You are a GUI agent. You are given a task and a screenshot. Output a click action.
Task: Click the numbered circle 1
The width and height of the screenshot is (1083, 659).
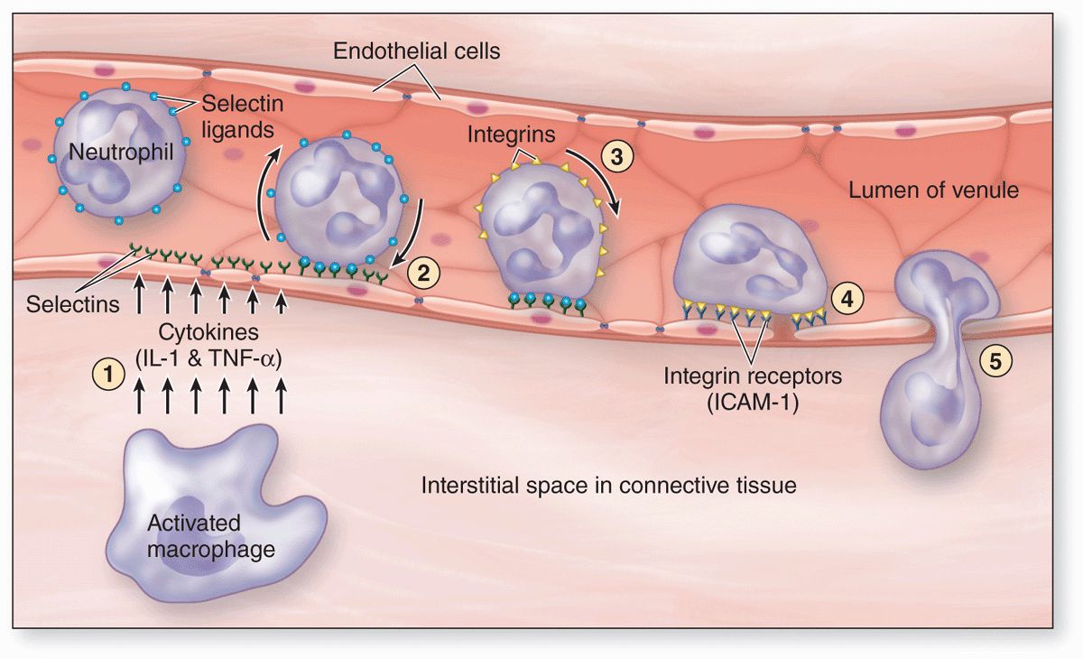tap(109, 374)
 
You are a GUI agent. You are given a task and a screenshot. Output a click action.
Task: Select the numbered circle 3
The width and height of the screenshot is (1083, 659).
tap(617, 156)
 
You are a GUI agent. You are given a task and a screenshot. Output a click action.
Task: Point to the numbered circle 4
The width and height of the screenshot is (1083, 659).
tap(847, 295)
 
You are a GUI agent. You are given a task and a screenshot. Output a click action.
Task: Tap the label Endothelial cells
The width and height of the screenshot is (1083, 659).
tap(417, 51)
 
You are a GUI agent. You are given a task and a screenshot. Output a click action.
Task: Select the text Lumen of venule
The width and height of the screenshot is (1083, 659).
tap(933, 190)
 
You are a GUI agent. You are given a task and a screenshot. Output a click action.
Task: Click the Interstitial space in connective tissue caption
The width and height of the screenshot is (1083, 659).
tap(609, 486)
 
